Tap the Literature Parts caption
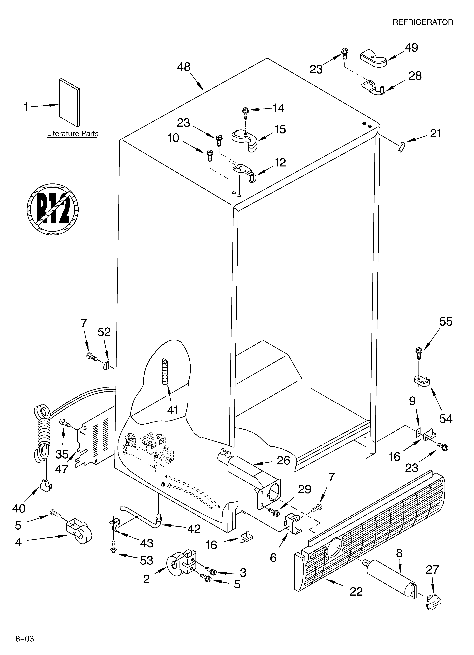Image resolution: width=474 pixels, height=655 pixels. [73, 134]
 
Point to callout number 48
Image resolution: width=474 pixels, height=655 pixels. [184, 67]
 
